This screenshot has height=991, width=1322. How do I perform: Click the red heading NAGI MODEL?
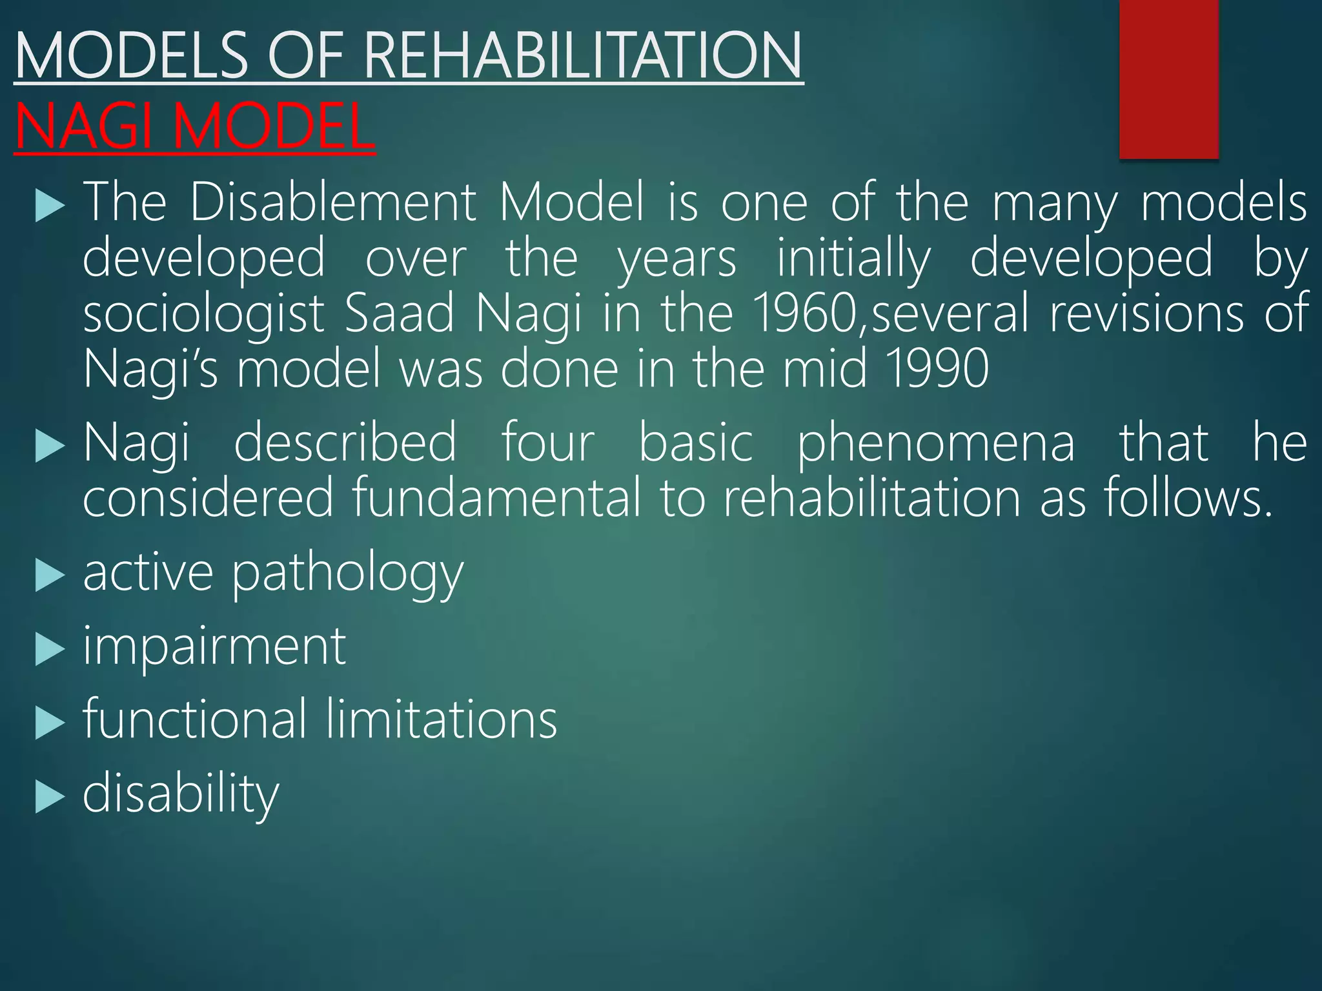(x=194, y=127)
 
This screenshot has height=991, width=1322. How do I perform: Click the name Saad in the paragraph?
(x=400, y=314)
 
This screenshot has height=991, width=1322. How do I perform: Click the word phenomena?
(x=936, y=444)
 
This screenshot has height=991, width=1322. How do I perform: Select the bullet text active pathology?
(x=273, y=572)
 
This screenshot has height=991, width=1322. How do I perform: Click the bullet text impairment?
(x=214, y=646)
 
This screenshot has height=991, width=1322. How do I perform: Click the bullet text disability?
(x=181, y=794)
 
